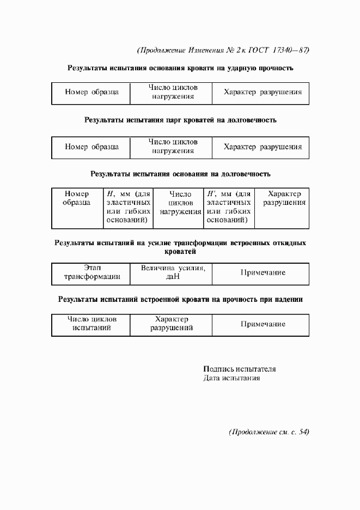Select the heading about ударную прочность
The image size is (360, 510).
(x=180, y=69)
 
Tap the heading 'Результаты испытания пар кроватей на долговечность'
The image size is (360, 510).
(x=180, y=120)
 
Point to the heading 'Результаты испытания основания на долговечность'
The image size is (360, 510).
(x=180, y=174)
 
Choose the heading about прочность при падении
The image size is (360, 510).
(x=180, y=299)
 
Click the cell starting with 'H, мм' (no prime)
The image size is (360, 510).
(x=128, y=207)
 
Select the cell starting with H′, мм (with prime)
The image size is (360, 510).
(x=229, y=207)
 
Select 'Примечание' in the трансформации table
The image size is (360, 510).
(x=263, y=272)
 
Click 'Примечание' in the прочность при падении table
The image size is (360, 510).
(x=263, y=324)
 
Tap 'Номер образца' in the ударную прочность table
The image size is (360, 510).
(x=91, y=92)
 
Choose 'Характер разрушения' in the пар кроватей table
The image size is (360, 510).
(x=263, y=147)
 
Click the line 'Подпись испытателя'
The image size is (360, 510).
(x=239, y=368)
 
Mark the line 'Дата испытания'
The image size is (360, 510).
(x=231, y=378)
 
